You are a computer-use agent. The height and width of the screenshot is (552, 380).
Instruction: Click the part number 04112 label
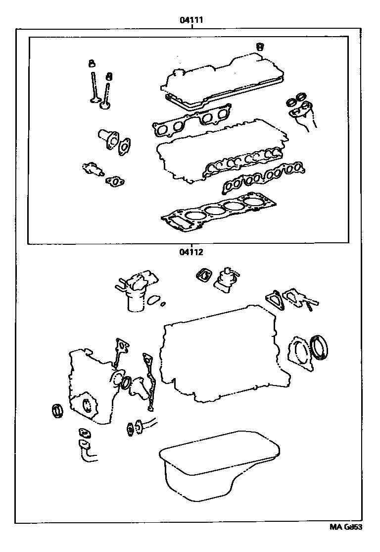(191, 251)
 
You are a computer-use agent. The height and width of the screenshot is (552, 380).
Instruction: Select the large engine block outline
(223, 357)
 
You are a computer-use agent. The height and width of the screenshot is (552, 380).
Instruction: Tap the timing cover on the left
(92, 386)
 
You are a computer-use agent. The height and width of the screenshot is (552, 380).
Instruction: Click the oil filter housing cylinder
(135, 300)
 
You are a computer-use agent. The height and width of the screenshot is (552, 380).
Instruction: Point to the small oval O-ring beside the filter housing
(154, 299)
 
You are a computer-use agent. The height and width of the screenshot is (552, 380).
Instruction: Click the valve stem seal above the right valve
(109, 76)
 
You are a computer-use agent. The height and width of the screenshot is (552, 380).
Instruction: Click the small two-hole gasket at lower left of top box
(115, 182)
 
